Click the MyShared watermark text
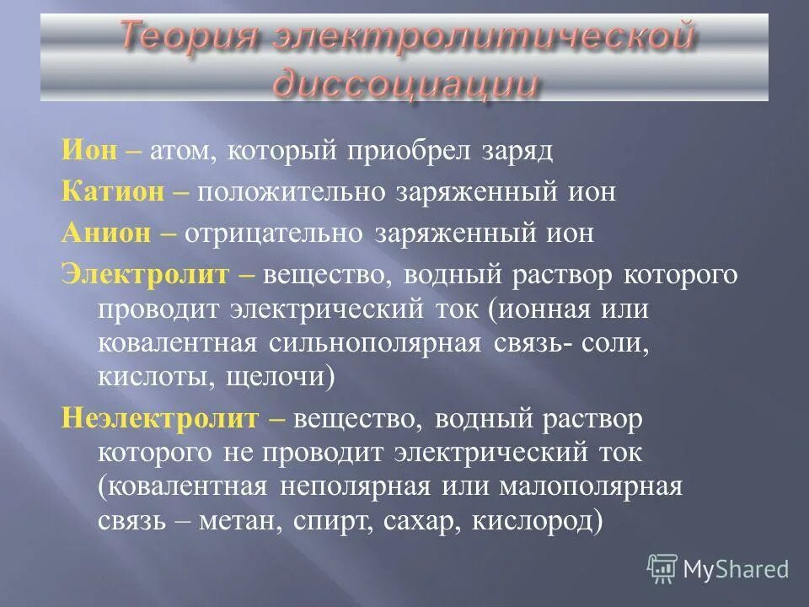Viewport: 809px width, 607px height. pos(735,569)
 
